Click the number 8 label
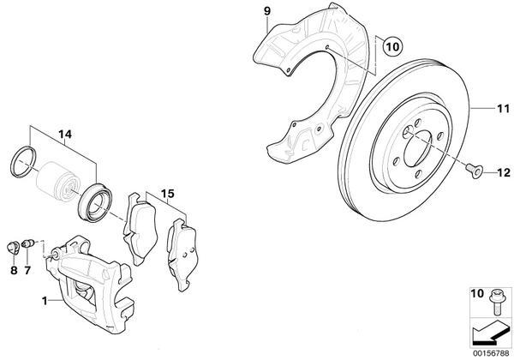coord(14,271)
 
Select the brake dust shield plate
coord(308,86)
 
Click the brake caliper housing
coord(90,274)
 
